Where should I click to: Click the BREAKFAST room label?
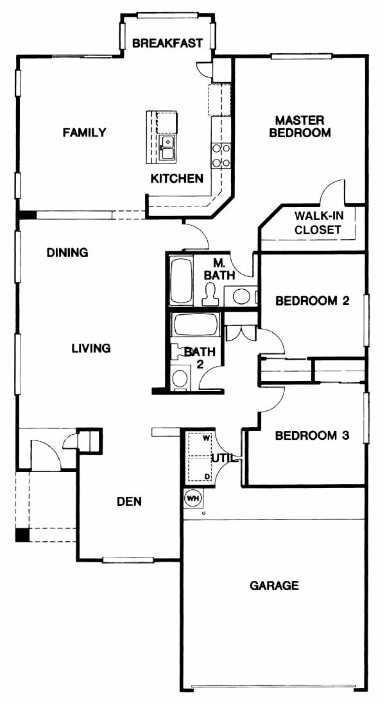point(167,43)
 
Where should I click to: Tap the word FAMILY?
point(85,133)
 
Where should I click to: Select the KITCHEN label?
point(176,178)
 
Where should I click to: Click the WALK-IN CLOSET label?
point(319,222)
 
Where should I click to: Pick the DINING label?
point(67,253)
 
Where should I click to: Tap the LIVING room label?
point(91,348)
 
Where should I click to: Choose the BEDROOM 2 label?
point(312,301)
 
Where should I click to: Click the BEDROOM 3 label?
point(312,435)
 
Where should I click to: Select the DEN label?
point(130,501)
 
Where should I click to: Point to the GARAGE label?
point(274,585)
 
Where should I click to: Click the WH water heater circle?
point(193,498)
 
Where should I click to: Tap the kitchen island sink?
point(167,147)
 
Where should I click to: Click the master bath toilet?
point(210,295)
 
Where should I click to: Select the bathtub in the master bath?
point(181,280)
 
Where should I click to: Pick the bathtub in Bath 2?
point(196,324)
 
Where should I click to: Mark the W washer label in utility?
point(207,437)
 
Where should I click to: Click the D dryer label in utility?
point(207,476)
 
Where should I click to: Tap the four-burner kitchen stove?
point(221,155)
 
